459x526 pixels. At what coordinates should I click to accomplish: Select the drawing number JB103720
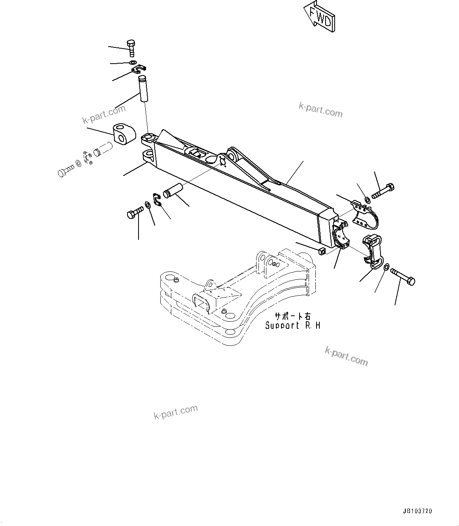tap(417, 511)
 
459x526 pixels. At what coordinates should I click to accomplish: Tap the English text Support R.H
tap(292, 326)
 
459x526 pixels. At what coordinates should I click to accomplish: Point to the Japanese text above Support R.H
tap(292, 317)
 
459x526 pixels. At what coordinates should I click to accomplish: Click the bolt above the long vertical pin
tap(131, 49)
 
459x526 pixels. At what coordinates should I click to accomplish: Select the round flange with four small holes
tap(88, 157)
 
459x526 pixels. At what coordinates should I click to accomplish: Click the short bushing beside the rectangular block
tap(104, 149)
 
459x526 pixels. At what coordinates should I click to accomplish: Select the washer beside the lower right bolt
tap(385, 268)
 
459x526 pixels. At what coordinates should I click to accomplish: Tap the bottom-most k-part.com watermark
tap(175, 412)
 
